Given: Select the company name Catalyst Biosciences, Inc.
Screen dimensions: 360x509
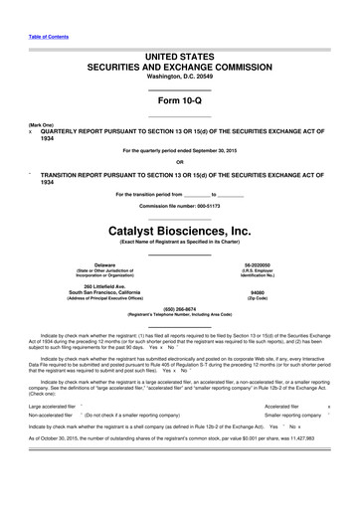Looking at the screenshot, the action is [179, 228].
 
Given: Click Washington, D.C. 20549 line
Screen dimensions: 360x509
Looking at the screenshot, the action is [179, 76].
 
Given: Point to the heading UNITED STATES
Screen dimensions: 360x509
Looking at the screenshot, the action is [179, 50].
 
